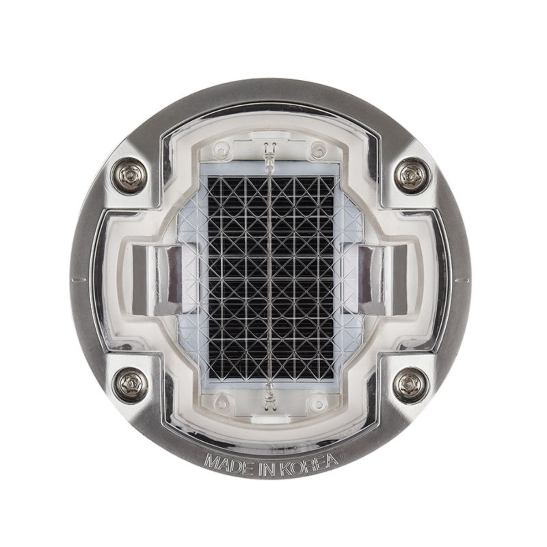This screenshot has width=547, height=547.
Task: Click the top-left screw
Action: point(129,175)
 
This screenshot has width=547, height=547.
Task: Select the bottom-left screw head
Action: point(129,384)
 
